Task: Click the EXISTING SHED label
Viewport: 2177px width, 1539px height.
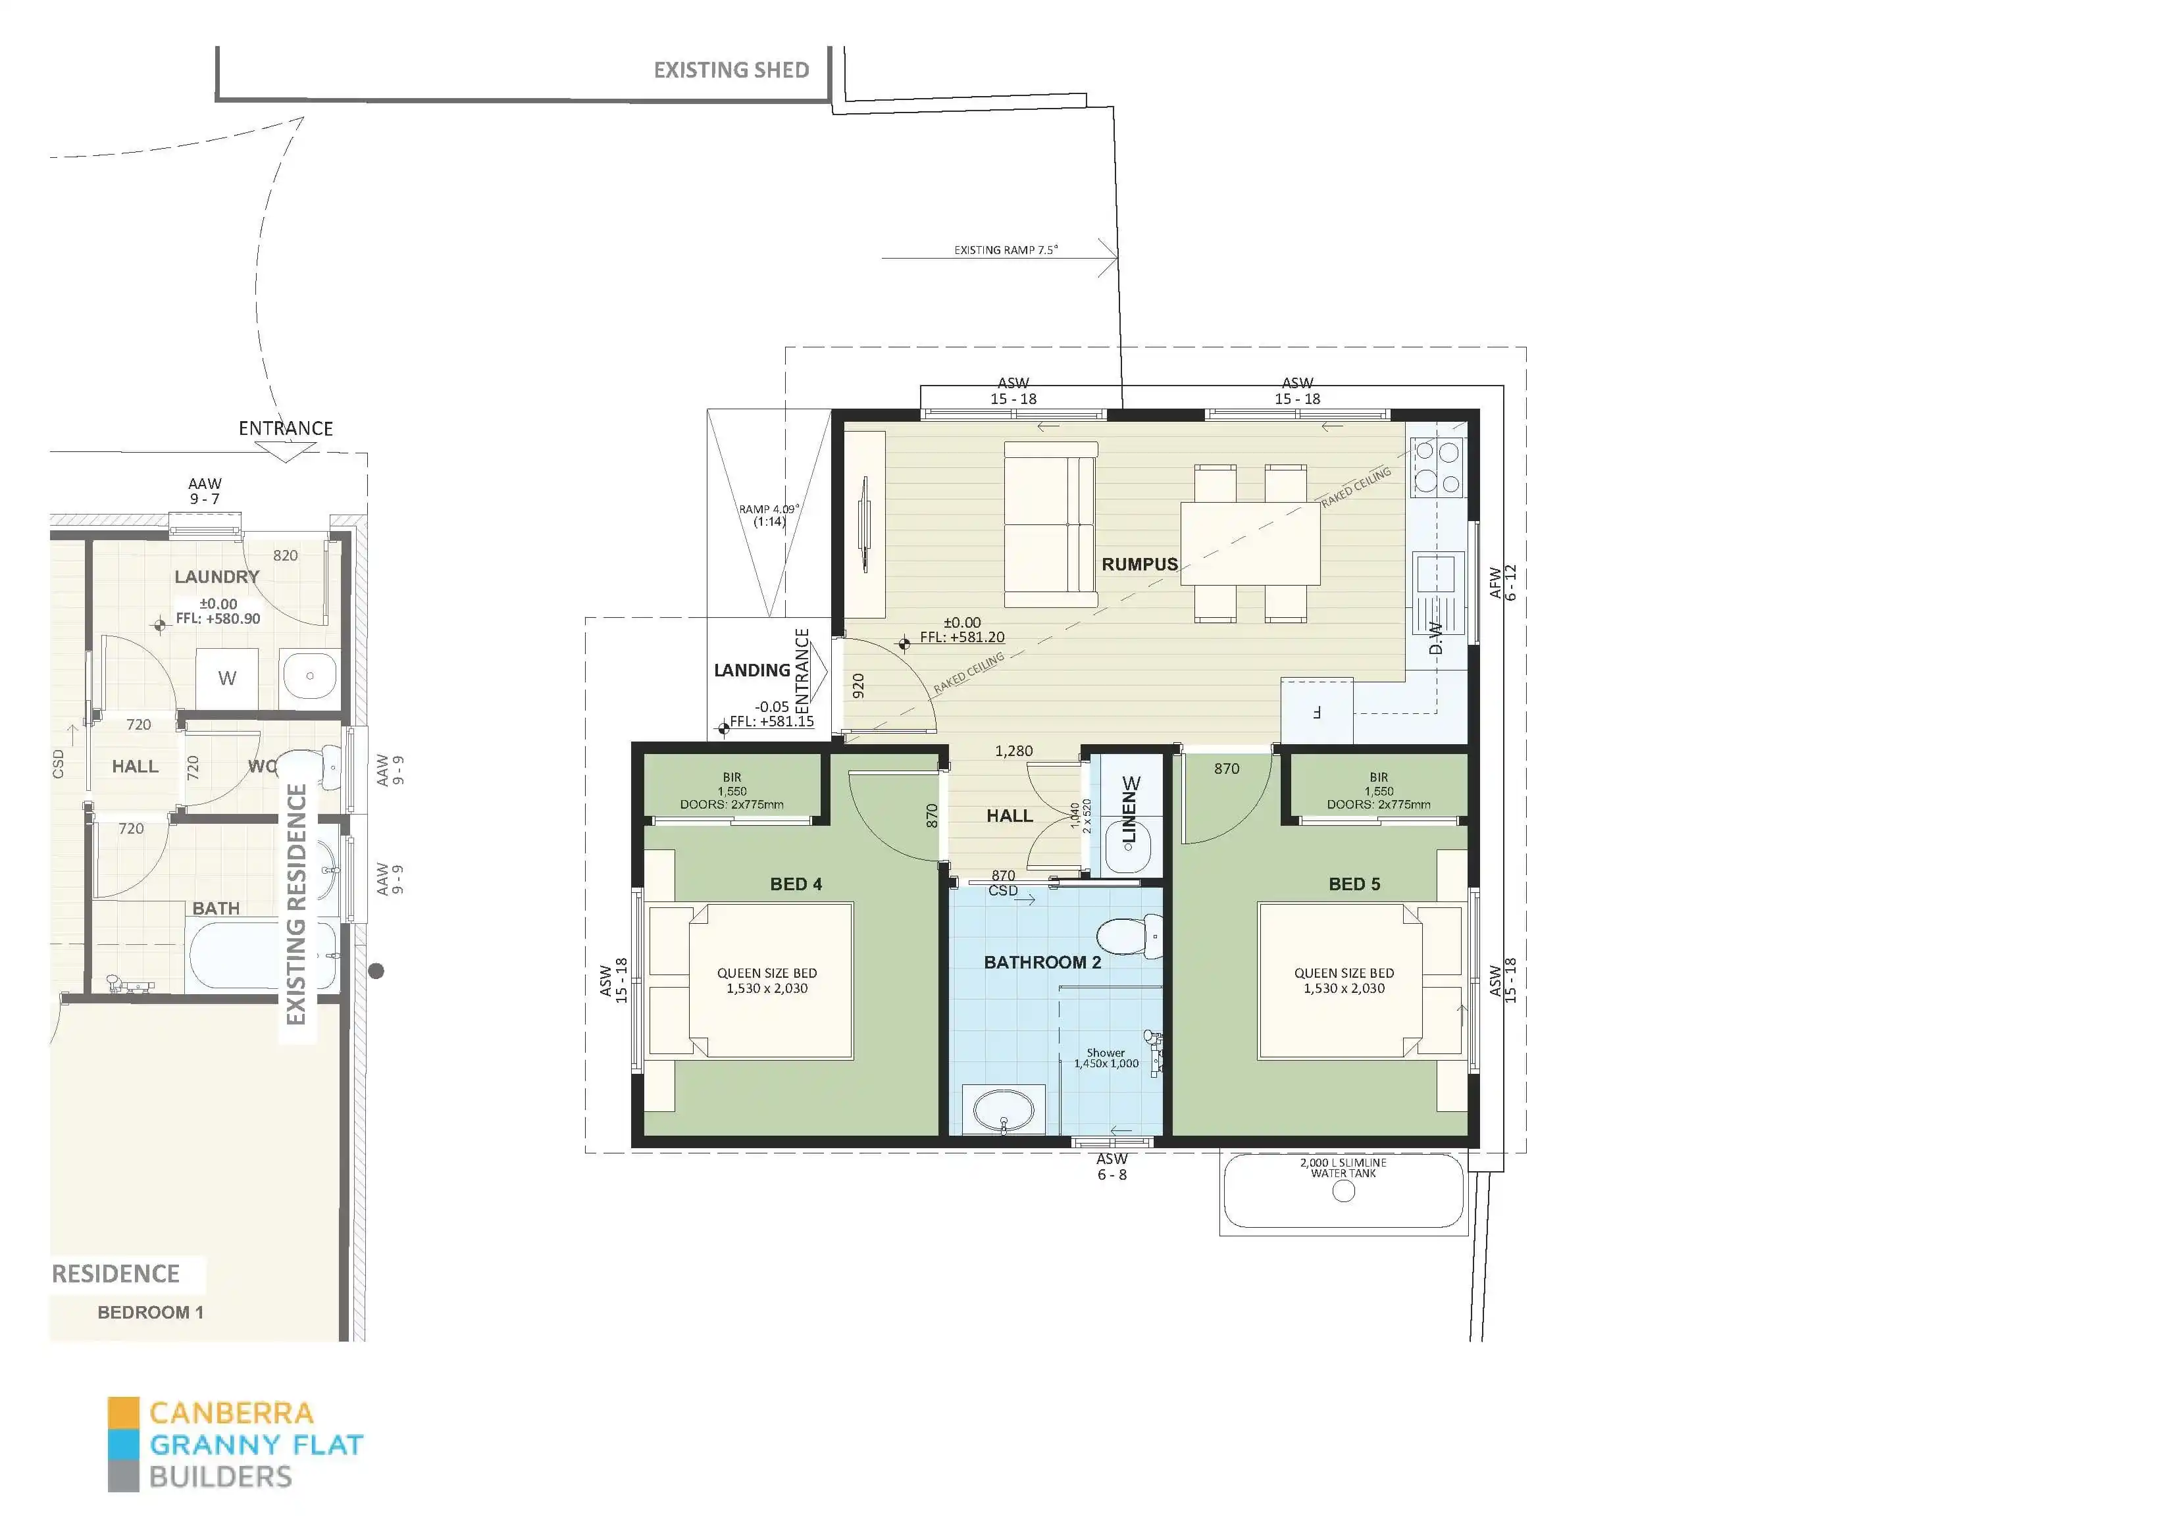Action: [731, 70]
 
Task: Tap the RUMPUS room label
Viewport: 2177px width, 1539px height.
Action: [1139, 564]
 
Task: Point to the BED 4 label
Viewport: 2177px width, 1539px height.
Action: [796, 884]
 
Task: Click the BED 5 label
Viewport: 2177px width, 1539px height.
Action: [1354, 884]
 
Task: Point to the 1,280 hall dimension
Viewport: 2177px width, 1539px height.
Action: [1013, 751]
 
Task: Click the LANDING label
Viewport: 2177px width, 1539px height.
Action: [751, 670]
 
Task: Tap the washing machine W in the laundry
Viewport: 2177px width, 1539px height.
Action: [226, 678]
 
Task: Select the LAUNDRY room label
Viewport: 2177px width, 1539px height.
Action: [216, 576]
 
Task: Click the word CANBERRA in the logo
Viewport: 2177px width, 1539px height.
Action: [232, 1413]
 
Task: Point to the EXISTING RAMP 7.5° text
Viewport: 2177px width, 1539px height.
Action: [1005, 250]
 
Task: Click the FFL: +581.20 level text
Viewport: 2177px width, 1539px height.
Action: [961, 637]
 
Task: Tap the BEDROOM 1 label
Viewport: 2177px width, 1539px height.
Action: [150, 1313]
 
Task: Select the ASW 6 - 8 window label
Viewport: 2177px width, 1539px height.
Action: [1112, 1167]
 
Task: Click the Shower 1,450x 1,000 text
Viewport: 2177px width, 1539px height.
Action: [1106, 1058]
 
